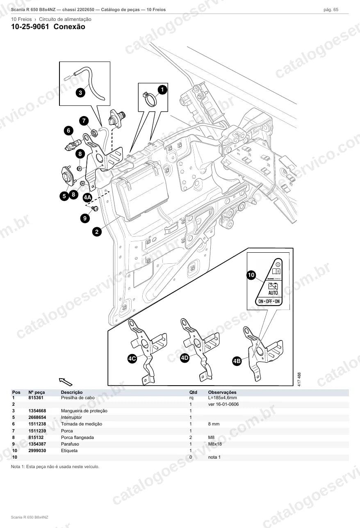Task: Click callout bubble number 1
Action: point(162,89)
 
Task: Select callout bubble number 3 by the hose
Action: point(80,92)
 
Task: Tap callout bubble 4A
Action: point(87,197)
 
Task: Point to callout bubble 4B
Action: point(237,361)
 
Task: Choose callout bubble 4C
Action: point(132,359)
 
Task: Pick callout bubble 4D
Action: point(185,358)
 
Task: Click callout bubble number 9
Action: point(85,218)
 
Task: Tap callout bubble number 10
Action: point(251,275)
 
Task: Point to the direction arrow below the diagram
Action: point(66,382)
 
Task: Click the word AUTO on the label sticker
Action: point(273,293)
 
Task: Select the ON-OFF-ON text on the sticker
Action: point(269,301)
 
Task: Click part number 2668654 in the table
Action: point(37,418)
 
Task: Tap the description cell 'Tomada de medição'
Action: point(82,424)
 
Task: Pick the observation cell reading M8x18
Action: point(215,444)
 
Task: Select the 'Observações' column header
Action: point(222,392)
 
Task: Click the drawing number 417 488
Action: point(299,379)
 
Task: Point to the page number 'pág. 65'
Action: point(331,10)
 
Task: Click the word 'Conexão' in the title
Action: point(69,27)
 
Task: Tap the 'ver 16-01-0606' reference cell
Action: point(223,404)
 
